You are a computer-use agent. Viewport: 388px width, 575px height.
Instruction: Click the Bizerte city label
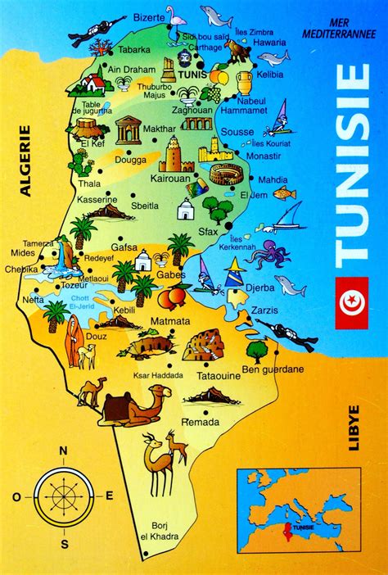(x=150, y=16)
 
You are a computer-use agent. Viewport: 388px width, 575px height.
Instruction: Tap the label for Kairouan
(x=172, y=177)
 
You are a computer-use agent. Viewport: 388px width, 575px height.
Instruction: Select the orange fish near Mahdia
(x=284, y=194)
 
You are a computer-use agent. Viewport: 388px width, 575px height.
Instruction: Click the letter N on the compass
(x=63, y=450)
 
